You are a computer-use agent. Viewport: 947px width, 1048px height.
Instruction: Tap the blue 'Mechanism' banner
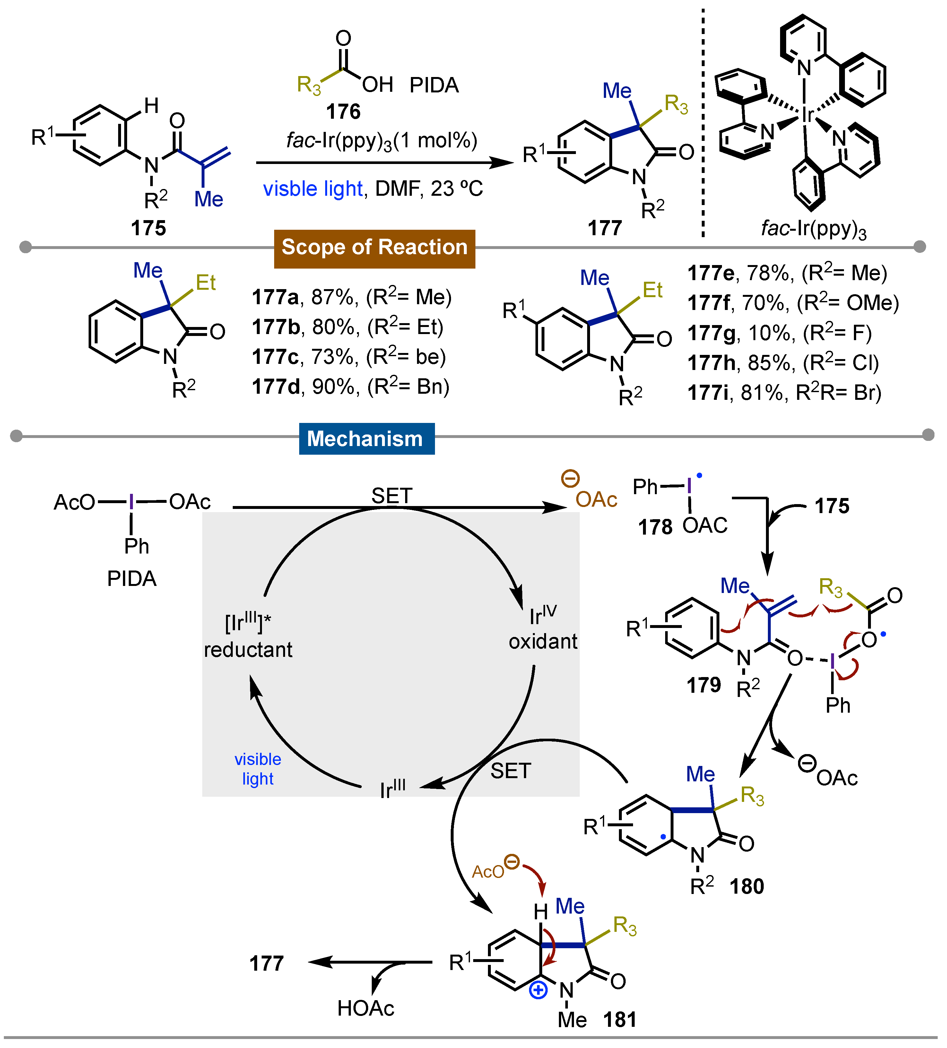367,439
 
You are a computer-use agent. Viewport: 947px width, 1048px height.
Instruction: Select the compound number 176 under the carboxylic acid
343,111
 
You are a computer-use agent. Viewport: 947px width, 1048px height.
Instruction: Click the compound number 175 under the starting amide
148,228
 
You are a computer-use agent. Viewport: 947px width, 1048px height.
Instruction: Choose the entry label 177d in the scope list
276,387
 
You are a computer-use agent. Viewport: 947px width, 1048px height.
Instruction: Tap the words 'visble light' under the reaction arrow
313,189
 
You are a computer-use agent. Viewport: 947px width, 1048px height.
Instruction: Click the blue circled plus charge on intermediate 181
538,990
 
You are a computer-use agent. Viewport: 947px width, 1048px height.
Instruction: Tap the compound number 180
747,886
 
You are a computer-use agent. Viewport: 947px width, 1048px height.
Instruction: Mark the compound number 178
655,527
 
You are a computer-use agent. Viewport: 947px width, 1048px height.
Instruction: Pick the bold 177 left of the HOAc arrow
266,963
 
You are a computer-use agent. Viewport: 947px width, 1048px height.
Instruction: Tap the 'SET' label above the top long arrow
392,495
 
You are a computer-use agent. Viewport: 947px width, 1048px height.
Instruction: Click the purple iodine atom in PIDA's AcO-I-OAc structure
132,502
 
